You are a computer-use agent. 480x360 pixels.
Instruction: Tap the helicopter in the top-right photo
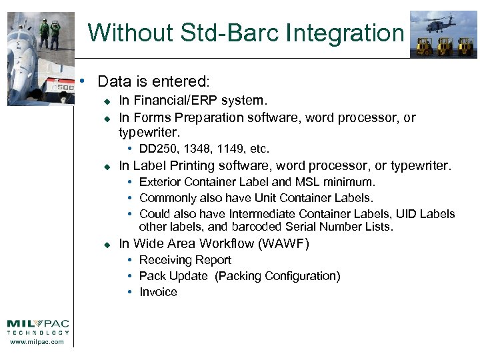[x=441, y=24]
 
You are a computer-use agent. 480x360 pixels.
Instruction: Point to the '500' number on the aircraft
[x=64, y=87]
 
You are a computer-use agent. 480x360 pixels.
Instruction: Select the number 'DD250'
[x=155, y=149]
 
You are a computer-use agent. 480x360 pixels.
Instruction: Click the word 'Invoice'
[x=158, y=292]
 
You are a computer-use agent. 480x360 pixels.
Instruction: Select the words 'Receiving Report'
[x=185, y=260]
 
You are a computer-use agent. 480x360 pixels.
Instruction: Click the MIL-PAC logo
[x=38, y=327]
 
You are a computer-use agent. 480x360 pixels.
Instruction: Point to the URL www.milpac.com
[x=38, y=342]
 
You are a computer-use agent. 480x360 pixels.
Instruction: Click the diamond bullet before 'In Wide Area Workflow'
[x=105, y=245]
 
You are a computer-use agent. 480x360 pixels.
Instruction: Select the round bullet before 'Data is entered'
[x=81, y=81]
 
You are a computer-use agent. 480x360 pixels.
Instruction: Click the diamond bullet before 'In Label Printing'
[x=105, y=167]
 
